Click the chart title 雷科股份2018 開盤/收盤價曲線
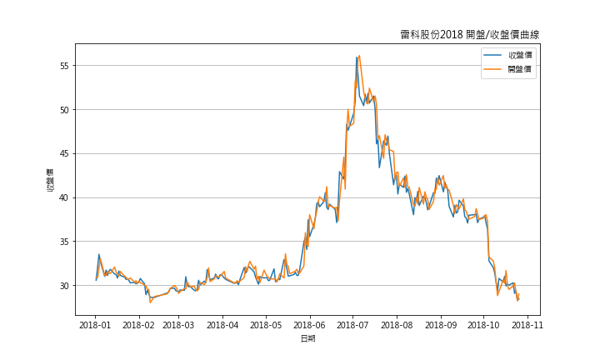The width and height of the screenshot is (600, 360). [x=469, y=34]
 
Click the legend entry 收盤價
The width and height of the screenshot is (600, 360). [x=520, y=55]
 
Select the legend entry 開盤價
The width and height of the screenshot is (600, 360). [x=520, y=69]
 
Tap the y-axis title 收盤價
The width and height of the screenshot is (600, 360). [x=50, y=180]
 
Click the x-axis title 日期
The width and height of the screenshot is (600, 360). [x=307, y=338]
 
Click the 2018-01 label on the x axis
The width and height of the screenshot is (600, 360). [x=95, y=324]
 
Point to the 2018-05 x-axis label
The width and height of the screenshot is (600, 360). [x=266, y=324]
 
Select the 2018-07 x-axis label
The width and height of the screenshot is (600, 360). [x=353, y=324]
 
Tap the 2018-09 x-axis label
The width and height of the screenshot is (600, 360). [x=441, y=324]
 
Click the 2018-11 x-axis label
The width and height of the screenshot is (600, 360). [x=527, y=324]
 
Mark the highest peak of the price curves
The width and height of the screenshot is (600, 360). [x=358, y=56]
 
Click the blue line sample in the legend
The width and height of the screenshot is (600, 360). [x=494, y=55]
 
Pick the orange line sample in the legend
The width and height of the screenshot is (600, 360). [x=494, y=69]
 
